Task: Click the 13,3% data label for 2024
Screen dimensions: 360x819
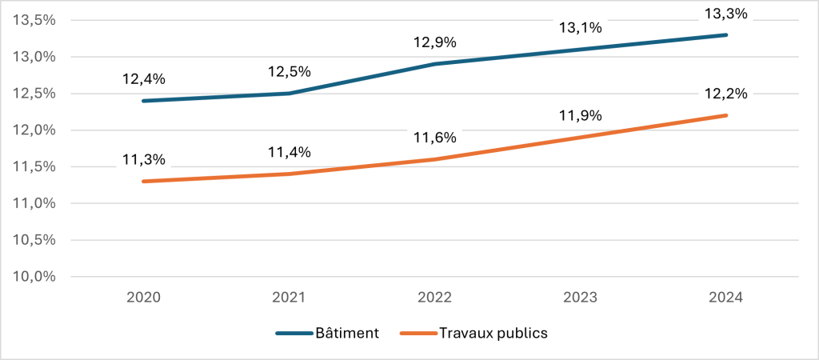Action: point(725,13)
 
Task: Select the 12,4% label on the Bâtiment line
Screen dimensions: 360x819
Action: point(143,79)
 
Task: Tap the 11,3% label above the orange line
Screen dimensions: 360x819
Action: point(143,159)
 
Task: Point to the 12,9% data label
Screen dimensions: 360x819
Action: point(434,42)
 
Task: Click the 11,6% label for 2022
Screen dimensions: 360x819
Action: point(434,138)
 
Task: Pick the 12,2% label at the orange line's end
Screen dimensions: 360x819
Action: point(725,94)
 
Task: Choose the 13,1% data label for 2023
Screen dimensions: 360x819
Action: point(580,28)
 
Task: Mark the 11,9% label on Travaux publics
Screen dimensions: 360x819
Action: point(580,115)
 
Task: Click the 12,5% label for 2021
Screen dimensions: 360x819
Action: point(289,72)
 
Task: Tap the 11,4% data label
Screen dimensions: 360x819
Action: point(289,152)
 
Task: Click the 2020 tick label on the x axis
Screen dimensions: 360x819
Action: point(144,298)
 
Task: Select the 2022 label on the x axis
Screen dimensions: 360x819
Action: point(435,298)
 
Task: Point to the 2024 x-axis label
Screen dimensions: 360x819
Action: point(726,298)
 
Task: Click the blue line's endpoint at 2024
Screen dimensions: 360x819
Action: point(726,34)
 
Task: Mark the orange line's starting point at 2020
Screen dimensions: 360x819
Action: point(144,182)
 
